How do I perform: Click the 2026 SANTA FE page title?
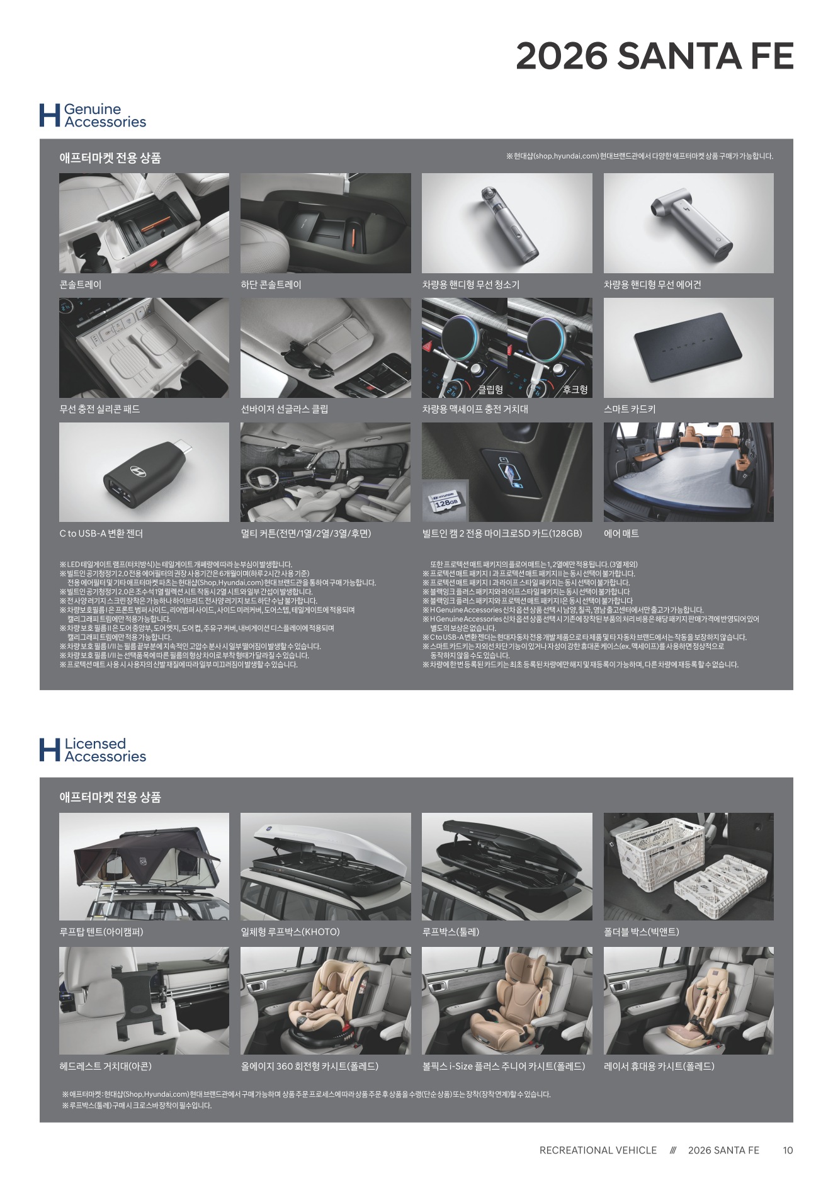654,56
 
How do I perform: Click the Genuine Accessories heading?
105,116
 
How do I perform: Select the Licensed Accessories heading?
105,750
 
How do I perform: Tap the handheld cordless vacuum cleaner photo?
507,223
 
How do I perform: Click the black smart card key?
688,348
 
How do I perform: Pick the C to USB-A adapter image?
144,472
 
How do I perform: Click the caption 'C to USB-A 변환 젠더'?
101,534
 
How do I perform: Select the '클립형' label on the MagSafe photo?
490,390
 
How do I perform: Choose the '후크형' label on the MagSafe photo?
575,390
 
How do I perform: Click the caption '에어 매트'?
621,534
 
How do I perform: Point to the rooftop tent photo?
144,866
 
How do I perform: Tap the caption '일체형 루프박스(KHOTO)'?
290,932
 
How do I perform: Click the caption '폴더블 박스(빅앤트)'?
642,932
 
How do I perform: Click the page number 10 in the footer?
788,1150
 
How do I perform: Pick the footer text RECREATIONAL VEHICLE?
598,1150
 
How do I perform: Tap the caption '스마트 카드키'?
630,409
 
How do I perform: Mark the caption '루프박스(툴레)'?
451,932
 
